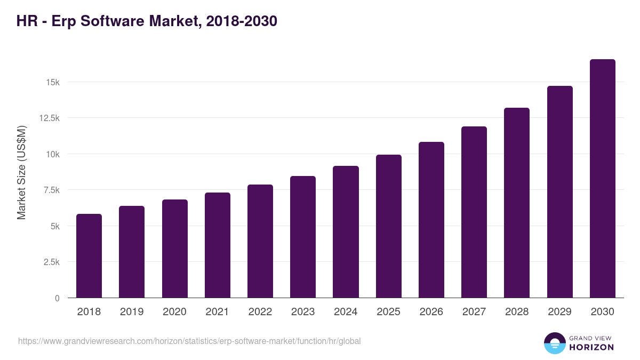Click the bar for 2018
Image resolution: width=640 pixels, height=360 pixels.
[89, 256]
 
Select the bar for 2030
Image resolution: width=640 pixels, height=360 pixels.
[602, 179]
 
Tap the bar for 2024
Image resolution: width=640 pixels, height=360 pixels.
[346, 232]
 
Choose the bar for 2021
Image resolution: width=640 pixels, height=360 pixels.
[218, 245]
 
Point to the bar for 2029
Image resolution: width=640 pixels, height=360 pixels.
[559, 192]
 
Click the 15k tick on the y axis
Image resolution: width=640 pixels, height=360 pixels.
[53, 82]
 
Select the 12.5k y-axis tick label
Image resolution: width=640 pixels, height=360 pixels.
[49, 118]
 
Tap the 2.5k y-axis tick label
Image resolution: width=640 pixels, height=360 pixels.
[51, 262]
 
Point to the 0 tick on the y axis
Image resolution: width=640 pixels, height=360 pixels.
[57, 298]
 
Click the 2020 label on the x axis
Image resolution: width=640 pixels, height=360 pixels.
[174, 312]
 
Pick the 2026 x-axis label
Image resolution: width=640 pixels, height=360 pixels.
[431, 312]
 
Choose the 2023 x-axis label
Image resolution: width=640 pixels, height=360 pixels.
[303, 312]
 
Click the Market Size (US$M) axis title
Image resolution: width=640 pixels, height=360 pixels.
[21, 172]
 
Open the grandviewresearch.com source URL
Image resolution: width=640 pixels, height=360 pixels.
[189, 341]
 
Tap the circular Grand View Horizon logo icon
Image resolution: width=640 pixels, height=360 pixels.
[554, 343]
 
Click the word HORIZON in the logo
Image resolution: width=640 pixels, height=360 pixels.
[592, 347]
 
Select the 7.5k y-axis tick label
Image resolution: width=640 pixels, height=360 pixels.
[51, 190]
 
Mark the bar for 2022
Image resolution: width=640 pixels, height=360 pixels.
[260, 241]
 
